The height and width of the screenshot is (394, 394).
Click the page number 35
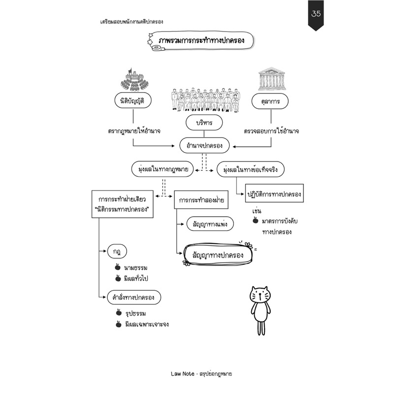pos(316,13)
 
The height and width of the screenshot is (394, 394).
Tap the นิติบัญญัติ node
pos(133,100)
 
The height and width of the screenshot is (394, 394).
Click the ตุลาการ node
pos(270,101)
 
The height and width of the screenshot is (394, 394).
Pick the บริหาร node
pos(204,123)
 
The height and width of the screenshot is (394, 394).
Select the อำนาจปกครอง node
pos(204,145)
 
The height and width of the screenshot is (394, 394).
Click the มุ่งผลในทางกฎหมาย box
pos(163,169)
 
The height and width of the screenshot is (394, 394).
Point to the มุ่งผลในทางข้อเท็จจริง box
pos(251,169)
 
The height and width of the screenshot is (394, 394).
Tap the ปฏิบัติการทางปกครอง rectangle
pos(274,193)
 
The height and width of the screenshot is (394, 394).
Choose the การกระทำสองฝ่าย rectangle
pos(201,200)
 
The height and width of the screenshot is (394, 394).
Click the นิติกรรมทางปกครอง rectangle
pos(122,204)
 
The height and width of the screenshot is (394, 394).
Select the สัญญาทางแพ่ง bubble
pos(210,224)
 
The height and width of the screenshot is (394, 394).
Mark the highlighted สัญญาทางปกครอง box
pos(218,254)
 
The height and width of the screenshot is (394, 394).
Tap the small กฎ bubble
pos(117,251)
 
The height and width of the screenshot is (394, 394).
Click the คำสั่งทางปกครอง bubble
pos(134,297)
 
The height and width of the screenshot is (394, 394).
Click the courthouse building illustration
pos(271,78)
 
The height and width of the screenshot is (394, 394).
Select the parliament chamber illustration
pos(134,79)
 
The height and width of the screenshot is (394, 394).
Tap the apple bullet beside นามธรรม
pos(117,267)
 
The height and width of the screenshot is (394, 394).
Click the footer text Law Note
pos(182,374)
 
